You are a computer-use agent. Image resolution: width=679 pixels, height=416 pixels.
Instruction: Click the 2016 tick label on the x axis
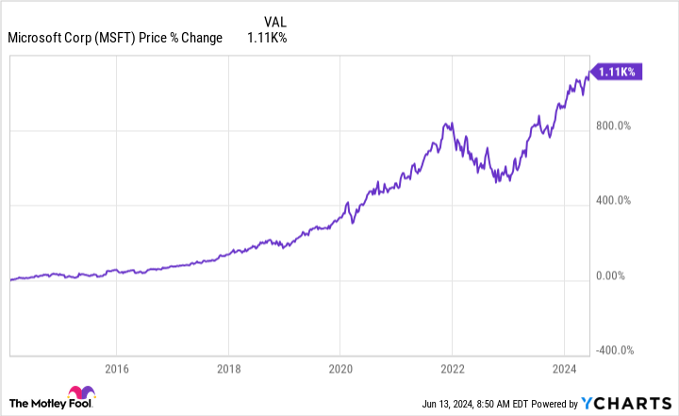116,368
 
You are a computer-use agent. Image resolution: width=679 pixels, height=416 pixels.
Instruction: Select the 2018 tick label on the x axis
228,368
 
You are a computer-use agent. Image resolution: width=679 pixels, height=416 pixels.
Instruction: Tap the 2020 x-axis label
340,368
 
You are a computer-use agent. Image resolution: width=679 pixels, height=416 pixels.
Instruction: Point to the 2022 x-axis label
453,368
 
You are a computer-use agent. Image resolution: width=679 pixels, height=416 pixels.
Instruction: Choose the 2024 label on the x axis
564,368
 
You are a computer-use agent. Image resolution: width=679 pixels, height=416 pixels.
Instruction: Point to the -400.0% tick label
616,350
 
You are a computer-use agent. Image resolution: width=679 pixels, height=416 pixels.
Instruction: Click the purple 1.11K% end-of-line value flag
617,71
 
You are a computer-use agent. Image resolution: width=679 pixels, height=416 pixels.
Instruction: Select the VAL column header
273,20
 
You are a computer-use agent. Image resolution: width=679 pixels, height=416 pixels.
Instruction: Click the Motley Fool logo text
40,399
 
